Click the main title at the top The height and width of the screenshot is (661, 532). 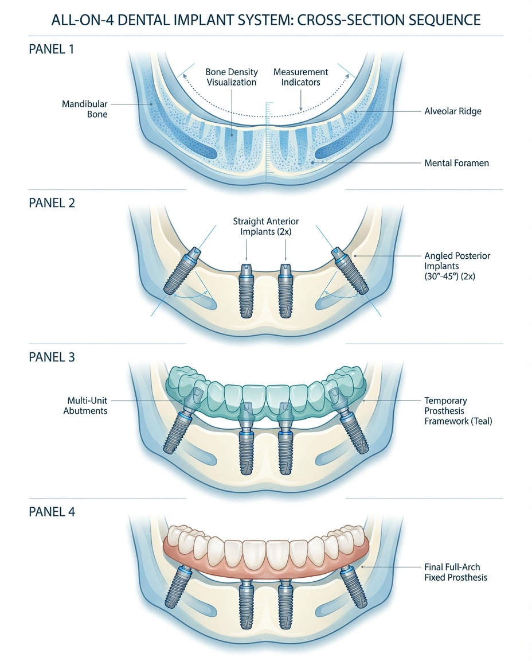point(265,20)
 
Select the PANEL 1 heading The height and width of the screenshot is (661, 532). point(52,49)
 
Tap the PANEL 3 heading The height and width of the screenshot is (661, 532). point(52,357)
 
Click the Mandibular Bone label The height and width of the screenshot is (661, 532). point(85,109)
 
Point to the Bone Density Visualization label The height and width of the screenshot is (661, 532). point(231,77)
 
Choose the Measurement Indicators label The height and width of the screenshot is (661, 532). point(300,77)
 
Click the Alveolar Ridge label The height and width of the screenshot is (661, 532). point(452,111)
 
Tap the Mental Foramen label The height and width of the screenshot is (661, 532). point(456,163)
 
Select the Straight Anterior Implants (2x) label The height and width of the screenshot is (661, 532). point(266,226)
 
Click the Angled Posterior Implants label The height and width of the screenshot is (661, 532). point(457,266)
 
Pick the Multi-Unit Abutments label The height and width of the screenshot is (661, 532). point(86,406)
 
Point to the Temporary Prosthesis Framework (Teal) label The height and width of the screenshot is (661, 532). point(458,410)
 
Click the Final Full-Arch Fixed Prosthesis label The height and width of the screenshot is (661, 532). point(456,572)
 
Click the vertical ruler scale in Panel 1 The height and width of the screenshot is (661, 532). point(267,138)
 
